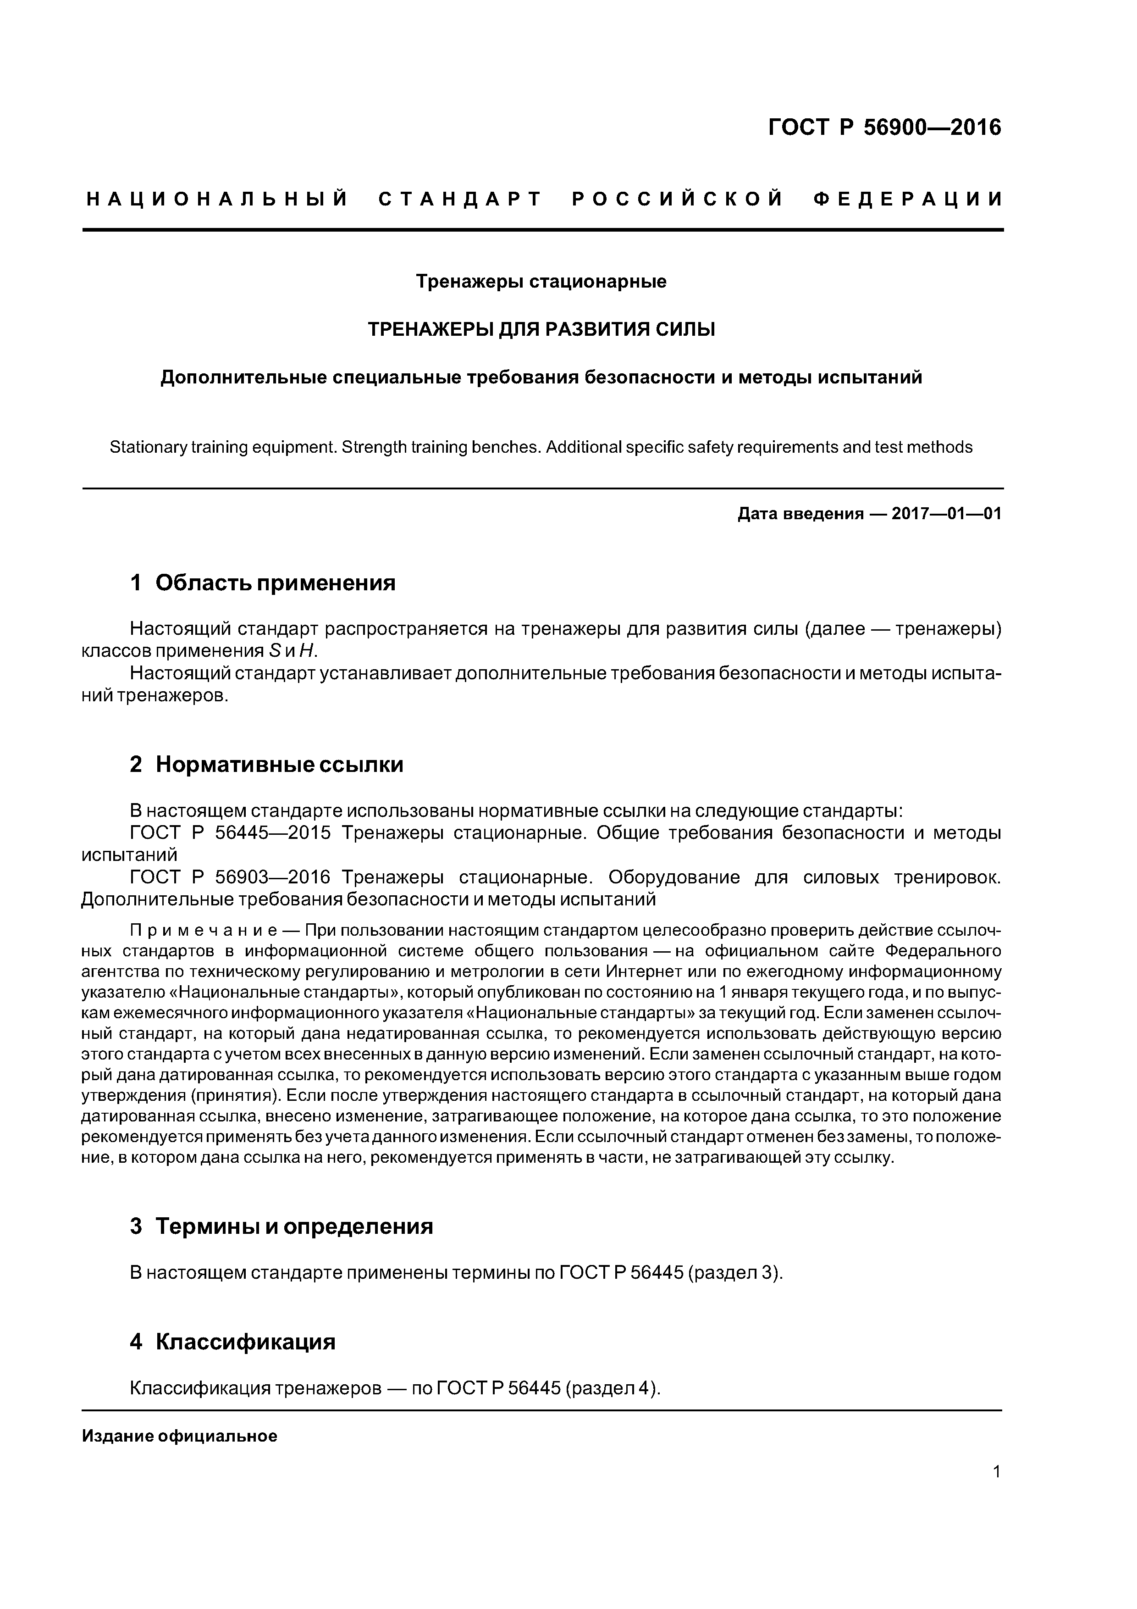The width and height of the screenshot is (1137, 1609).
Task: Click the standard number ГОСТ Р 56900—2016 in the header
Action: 885,128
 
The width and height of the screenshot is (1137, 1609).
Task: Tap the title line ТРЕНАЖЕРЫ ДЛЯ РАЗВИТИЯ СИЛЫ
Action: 541,329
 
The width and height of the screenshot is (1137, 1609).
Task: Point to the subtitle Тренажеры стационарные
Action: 541,282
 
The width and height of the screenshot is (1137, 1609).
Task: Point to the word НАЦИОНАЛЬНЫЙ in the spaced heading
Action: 217,200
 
